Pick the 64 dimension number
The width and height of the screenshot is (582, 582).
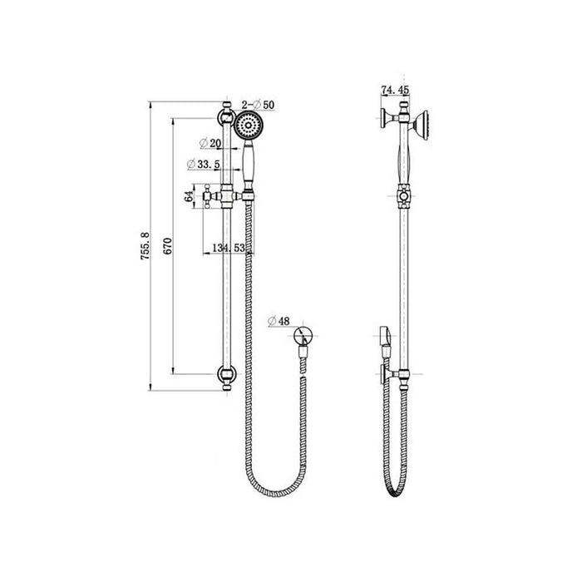coord(188,196)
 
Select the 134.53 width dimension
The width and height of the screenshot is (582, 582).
coord(229,248)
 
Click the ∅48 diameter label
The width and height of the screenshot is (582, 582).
coord(280,321)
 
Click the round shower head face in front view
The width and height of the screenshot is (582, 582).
coord(248,127)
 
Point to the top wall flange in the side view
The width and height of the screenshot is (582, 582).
coord(380,118)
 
